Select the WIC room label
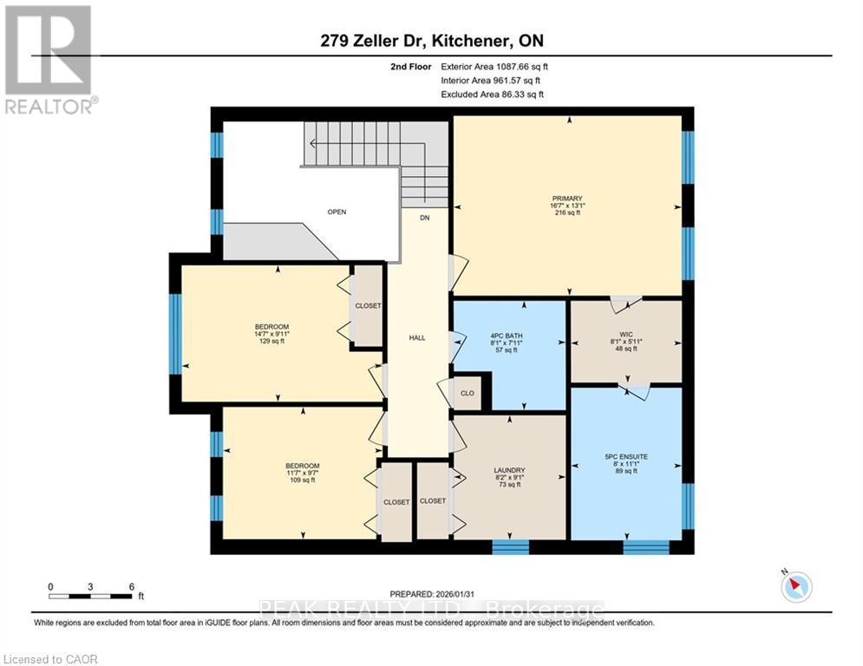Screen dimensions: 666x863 (x=627, y=334)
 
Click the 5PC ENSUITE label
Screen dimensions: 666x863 (x=626, y=456)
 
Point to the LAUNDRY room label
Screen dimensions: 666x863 (x=510, y=471)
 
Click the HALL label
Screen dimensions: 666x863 (x=417, y=337)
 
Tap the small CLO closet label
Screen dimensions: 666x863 (x=467, y=393)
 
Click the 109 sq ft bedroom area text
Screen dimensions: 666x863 (x=302, y=480)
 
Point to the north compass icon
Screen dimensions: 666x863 (x=794, y=587)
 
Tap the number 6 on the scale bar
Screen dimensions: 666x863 (x=131, y=586)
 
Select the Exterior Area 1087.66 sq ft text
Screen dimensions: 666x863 (x=494, y=66)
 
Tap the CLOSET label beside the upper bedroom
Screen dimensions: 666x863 (x=368, y=305)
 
